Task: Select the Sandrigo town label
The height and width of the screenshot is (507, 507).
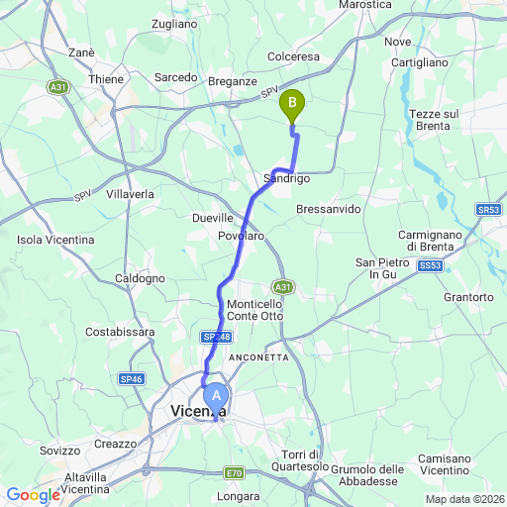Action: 287,178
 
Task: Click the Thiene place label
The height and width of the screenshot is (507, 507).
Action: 106,79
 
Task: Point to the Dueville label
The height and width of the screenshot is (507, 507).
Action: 212,217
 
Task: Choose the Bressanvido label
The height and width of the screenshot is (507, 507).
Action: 328,209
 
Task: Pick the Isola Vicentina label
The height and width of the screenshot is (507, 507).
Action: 56,240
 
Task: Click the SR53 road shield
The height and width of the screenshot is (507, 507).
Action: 488,210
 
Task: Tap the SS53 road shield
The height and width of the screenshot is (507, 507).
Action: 429,266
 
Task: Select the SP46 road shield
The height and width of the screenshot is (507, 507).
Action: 131,378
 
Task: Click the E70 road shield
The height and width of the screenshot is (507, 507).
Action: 234,472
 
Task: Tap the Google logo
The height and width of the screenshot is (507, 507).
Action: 32,495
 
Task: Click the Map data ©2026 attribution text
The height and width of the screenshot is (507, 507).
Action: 463,498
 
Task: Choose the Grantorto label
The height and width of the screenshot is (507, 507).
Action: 469,297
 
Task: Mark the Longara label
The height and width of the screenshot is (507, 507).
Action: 239,496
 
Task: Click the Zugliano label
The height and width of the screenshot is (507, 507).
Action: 175,23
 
